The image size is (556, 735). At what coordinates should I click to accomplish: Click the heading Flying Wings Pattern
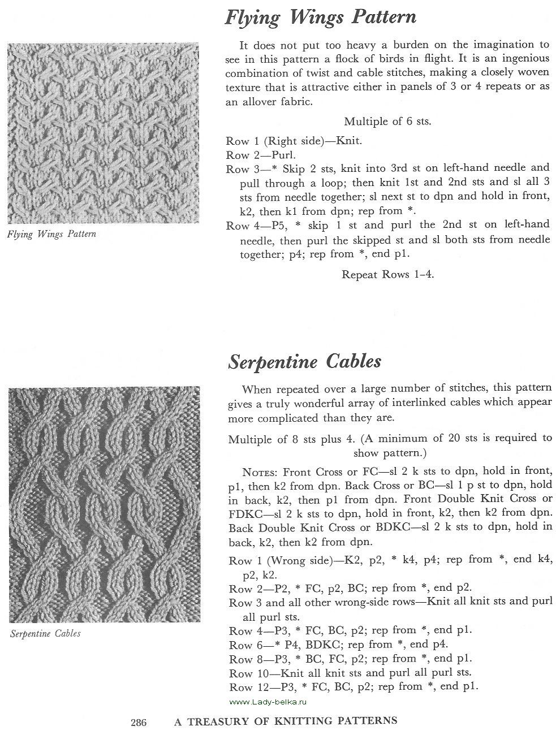point(320,18)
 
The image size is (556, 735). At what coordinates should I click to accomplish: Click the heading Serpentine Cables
point(304,361)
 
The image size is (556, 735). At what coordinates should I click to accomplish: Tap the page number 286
point(139,721)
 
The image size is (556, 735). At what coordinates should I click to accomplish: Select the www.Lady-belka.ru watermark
point(268,702)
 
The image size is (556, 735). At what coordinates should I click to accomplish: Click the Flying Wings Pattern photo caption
point(51,234)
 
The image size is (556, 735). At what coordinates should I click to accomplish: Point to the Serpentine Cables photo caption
point(45,634)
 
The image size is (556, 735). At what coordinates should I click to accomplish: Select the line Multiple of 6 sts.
point(387,122)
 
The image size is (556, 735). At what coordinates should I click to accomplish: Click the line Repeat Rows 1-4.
point(387,275)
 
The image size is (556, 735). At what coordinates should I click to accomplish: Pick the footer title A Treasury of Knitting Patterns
point(286,721)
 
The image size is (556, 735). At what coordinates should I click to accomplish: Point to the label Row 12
point(248,688)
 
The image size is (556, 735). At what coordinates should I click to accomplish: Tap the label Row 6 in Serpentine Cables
point(245,645)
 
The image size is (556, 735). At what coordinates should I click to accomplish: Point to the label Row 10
point(248,673)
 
